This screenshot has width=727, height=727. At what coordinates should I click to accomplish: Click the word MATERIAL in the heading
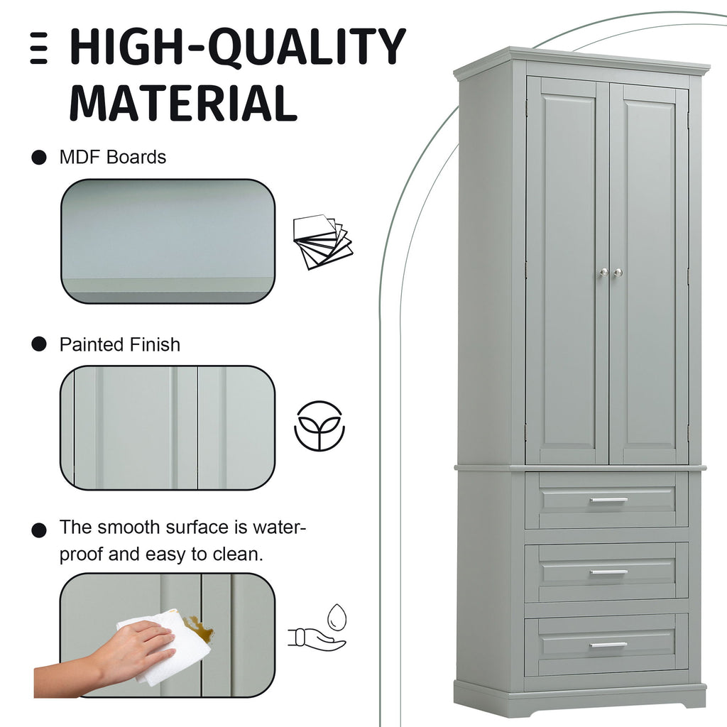[183, 103]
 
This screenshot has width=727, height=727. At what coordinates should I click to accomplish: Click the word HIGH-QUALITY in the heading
[238, 46]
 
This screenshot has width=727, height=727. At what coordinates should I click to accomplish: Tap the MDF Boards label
[113, 157]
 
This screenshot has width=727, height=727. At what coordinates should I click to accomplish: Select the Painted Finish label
[119, 344]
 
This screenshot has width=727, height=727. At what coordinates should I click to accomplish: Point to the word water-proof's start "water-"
[280, 528]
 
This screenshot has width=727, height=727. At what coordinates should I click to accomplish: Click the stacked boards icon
[323, 241]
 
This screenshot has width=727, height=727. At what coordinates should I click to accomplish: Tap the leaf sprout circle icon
[319, 426]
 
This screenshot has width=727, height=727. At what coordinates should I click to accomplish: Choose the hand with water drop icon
[318, 628]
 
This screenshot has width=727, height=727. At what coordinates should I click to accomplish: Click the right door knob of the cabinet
[618, 273]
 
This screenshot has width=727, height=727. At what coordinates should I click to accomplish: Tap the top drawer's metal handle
[608, 501]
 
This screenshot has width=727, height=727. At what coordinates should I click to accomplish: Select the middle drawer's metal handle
[608, 573]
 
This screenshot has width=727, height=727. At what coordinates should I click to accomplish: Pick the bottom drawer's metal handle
[608, 645]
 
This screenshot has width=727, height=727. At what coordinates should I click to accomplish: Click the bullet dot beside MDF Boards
[39, 158]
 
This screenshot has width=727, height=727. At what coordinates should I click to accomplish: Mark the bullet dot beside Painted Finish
[39, 344]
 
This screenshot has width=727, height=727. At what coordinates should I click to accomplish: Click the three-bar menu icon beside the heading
[39, 48]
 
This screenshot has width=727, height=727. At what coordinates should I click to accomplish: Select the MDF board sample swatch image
[168, 241]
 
